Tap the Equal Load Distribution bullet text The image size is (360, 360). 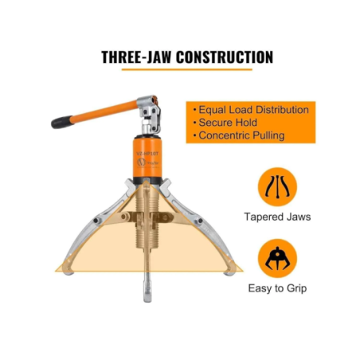[x=252, y=109]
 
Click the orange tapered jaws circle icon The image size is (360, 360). [x=278, y=186]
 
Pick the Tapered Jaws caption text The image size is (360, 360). [x=278, y=216]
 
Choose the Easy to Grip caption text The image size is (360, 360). [x=278, y=288]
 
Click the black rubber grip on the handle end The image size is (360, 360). [x=61, y=123]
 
